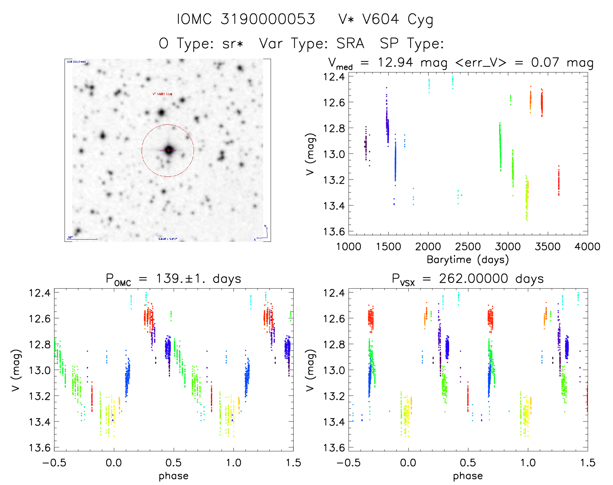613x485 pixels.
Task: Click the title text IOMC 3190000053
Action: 246,19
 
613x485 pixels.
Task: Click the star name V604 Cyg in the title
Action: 398,19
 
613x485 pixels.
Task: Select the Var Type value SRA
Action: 350,44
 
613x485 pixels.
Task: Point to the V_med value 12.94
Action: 395,62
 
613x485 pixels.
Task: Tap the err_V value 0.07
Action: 545,62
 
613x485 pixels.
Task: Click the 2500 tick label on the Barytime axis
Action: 468,247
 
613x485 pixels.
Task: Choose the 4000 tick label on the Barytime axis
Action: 587,247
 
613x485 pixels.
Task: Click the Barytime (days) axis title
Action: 468,260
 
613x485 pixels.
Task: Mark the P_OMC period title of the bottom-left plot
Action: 174,279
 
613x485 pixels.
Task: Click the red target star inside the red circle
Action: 168,150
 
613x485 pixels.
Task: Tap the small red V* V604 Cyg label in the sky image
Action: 162,94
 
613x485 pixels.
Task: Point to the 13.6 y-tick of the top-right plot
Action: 334,231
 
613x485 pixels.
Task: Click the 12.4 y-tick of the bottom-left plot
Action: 40,293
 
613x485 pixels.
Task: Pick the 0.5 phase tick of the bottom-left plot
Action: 174,463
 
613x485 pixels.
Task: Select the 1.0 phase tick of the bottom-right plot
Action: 528,463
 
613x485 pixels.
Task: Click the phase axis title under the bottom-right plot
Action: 468,476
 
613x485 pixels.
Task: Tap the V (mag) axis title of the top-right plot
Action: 310,154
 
